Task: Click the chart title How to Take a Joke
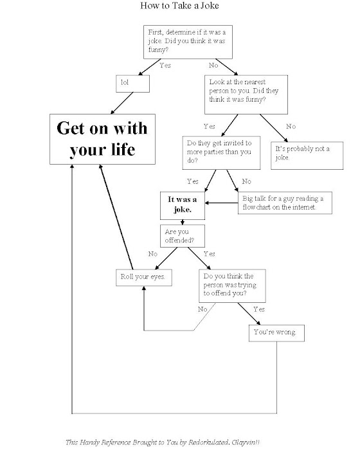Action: point(179,5)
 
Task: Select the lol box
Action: point(132,84)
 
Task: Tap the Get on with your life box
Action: point(102,139)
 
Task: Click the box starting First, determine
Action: point(188,42)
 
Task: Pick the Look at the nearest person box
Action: point(246,95)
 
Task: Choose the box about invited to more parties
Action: point(221,152)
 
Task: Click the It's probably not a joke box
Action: point(307,156)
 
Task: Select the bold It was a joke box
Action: point(183,206)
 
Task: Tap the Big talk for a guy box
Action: point(285,203)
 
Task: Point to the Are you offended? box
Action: point(183,236)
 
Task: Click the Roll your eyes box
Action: point(144,278)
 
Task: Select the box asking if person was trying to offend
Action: point(232,286)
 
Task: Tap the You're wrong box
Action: point(276,333)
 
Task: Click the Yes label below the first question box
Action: point(165,65)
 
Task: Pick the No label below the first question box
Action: point(213,65)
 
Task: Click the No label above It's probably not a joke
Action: point(291,127)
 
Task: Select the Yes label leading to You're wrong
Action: point(259,309)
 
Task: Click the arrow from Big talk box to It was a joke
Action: point(222,203)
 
